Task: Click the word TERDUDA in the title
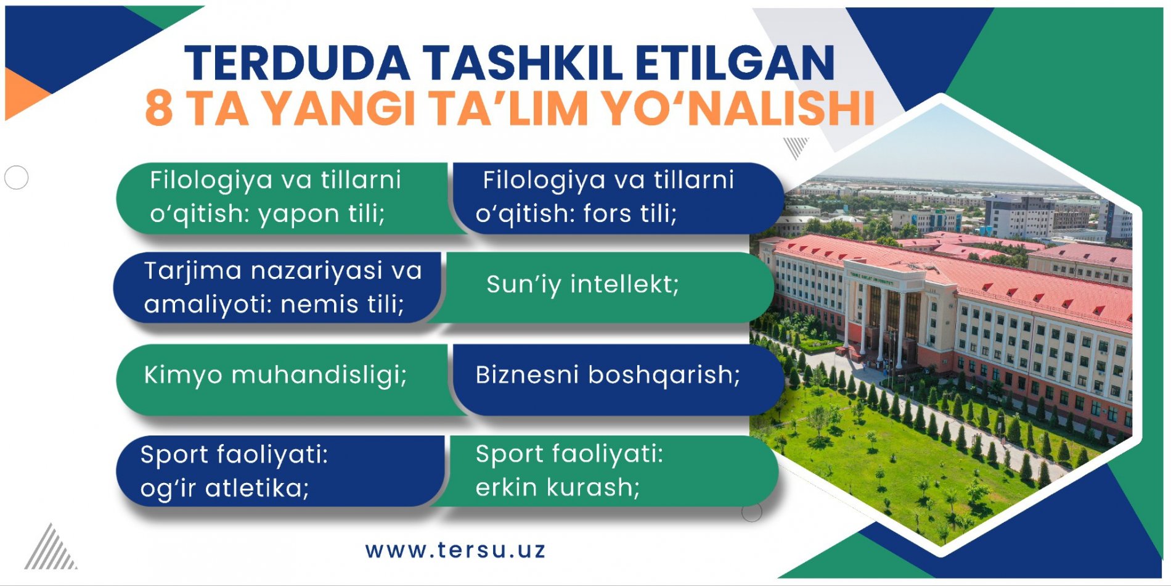298,63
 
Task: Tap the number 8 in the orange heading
158,109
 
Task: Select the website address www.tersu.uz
455,550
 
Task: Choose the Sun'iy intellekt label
582,285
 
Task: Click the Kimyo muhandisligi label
275,375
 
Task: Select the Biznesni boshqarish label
608,375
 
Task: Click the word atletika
257,489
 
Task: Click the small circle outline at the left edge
16,178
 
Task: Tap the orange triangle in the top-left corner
22,94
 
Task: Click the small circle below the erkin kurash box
751,511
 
